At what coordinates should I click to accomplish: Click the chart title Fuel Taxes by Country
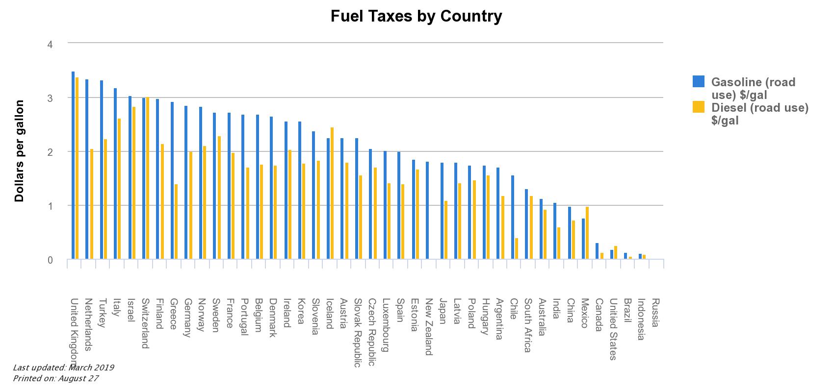(416, 16)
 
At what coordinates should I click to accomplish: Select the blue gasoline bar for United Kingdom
(73, 165)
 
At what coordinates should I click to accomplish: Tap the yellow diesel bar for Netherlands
(92, 204)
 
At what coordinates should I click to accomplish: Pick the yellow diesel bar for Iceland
(332, 193)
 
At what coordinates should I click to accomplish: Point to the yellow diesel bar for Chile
(517, 248)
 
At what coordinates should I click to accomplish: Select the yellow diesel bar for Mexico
(587, 233)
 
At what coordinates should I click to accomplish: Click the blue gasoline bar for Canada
(597, 251)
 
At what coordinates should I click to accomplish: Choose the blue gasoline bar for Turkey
(102, 170)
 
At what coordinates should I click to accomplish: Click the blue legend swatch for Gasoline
(699, 81)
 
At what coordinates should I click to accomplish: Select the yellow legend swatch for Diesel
(699, 107)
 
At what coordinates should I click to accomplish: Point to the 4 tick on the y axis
(50, 44)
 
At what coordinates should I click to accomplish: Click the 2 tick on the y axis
(50, 152)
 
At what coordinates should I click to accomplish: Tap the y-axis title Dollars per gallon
(19, 151)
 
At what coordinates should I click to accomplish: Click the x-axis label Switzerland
(145, 323)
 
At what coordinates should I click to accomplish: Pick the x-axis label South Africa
(527, 325)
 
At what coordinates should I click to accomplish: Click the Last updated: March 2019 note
(63, 367)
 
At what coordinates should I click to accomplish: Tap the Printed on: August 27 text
(56, 378)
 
